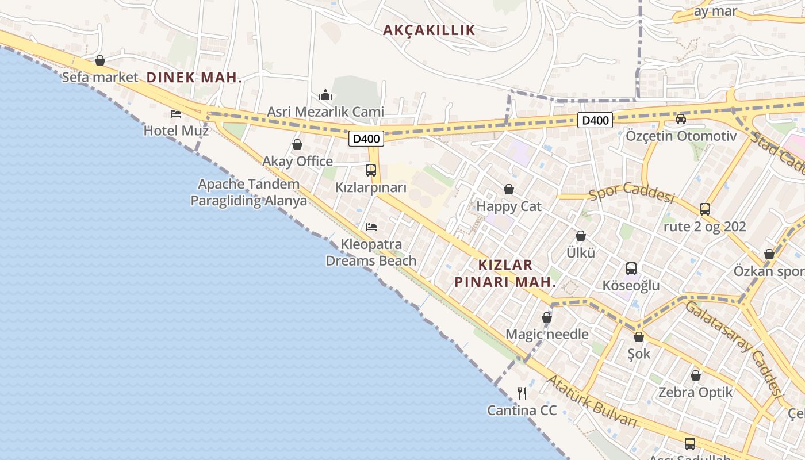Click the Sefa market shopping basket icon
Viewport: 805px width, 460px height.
(x=100, y=60)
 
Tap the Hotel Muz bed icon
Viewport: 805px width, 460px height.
(x=176, y=114)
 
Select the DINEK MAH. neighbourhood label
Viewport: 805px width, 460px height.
(x=194, y=78)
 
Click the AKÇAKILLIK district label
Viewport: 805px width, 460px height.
(x=429, y=30)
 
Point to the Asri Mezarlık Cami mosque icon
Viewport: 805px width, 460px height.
(x=325, y=95)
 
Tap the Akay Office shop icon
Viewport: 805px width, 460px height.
(x=297, y=144)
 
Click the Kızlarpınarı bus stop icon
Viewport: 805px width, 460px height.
(x=371, y=170)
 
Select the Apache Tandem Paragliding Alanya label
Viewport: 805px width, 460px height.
(x=248, y=193)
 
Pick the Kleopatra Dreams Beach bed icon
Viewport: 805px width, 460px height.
(x=371, y=227)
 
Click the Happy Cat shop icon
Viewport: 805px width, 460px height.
(x=509, y=189)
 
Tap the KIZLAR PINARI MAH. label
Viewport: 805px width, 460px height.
(x=505, y=274)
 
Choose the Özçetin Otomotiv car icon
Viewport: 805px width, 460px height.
(x=681, y=119)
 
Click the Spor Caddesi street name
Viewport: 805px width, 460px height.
(x=631, y=193)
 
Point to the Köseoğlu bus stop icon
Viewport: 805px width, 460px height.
(x=631, y=269)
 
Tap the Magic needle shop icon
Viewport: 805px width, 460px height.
(x=547, y=317)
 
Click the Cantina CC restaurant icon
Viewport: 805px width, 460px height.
(x=522, y=393)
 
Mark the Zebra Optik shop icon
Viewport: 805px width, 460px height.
(x=696, y=376)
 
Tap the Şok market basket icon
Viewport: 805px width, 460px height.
(x=639, y=337)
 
